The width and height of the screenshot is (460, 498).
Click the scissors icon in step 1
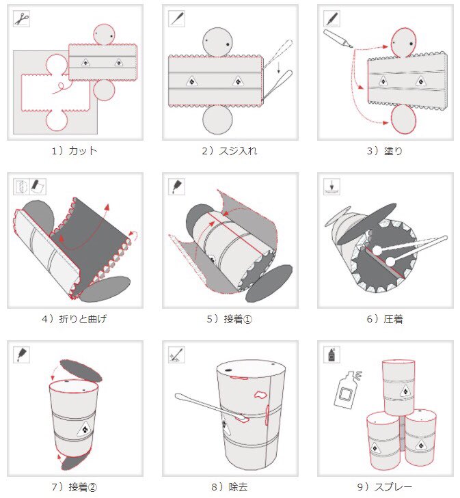tap(22, 18)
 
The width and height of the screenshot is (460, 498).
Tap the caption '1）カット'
tap(75, 151)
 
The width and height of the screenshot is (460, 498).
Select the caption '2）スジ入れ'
tap(230, 151)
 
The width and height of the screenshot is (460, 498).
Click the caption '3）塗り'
tap(385, 151)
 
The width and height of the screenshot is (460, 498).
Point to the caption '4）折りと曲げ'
tap(75, 319)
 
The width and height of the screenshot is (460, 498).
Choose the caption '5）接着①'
tap(230, 319)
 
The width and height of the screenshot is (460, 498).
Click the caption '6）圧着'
tap(385, 319)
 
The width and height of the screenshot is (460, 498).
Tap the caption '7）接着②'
tap(75, 487)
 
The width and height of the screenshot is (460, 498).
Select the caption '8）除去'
tap(230, 487)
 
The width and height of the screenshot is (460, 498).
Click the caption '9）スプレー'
tap(385, 487)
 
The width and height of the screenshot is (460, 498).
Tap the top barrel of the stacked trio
tap(398, 386)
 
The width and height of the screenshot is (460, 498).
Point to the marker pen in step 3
tap(339, 38)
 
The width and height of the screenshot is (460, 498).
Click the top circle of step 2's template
tap(218, 42)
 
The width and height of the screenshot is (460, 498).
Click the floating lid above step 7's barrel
tap(81, 370)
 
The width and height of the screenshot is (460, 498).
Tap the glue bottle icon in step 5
tap(177, 186)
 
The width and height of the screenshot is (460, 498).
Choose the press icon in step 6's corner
tap(332, 186)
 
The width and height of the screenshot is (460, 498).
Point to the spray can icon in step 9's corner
tap(332, 354)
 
